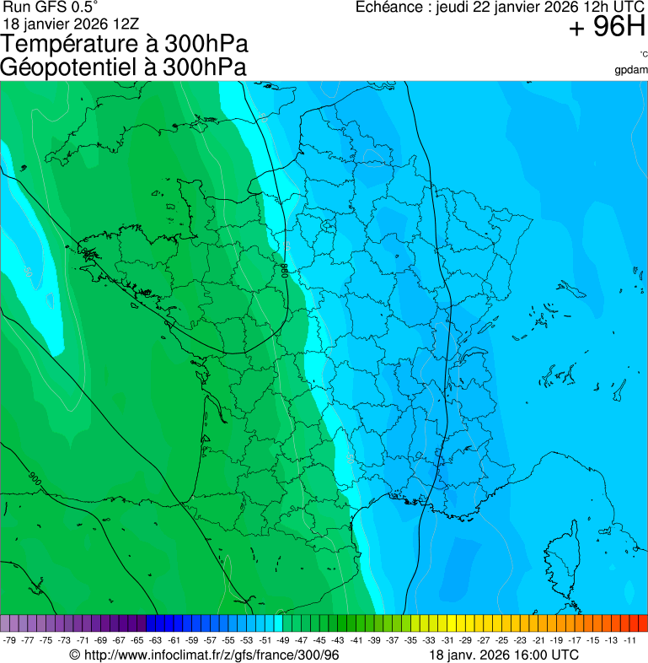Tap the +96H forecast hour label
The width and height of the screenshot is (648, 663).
pos(607,28)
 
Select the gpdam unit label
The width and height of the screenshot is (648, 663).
pos(631,70)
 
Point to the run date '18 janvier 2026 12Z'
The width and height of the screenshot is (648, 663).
pos(72,23)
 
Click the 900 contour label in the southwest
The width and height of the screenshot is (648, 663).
pos(35,478)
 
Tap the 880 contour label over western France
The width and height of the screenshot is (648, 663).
pos(284,272)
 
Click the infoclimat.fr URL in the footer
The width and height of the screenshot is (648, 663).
pos(210,655)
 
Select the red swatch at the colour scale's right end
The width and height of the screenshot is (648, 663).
pos(642,623)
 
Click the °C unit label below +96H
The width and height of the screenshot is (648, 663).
pos(642,55)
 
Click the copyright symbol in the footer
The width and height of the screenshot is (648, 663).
pos(74,655)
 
